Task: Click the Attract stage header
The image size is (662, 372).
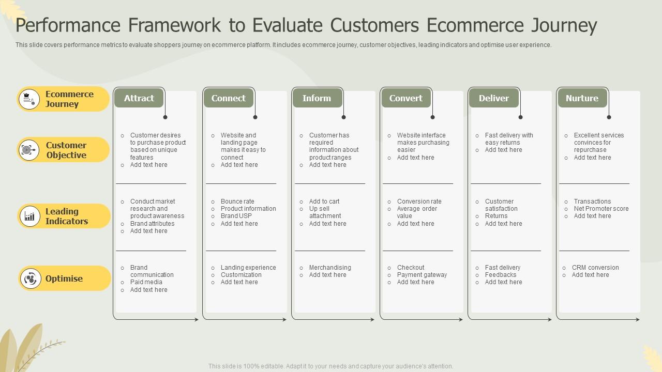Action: click(139, 98)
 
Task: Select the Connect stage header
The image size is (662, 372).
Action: click(228, 98)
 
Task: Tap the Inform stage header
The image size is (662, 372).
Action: click(317, 98)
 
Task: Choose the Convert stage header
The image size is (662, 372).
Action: click(405, 98)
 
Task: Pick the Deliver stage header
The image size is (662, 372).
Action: click(493, 98)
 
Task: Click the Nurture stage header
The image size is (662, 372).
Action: click(582, 98)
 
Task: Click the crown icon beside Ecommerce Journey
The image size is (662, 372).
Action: click(29, 99)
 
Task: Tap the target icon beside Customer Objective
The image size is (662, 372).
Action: click(29, 150)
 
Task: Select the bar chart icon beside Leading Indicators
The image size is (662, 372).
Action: click(29, 216)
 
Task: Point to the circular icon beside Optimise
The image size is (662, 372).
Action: click(30, 279)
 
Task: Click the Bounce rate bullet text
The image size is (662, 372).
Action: click(237, 202)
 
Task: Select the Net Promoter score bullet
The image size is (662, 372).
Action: click(601, 209)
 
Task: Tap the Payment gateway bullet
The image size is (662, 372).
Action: click(422, 275)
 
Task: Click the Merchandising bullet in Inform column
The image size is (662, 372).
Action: click(330, 268)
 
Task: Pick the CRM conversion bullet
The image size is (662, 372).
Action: click(595, 268)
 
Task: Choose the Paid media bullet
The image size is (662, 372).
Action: click(146, 282)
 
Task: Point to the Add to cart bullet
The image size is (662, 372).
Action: click(324, 202)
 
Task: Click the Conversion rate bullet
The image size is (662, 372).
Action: click(419, 202)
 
